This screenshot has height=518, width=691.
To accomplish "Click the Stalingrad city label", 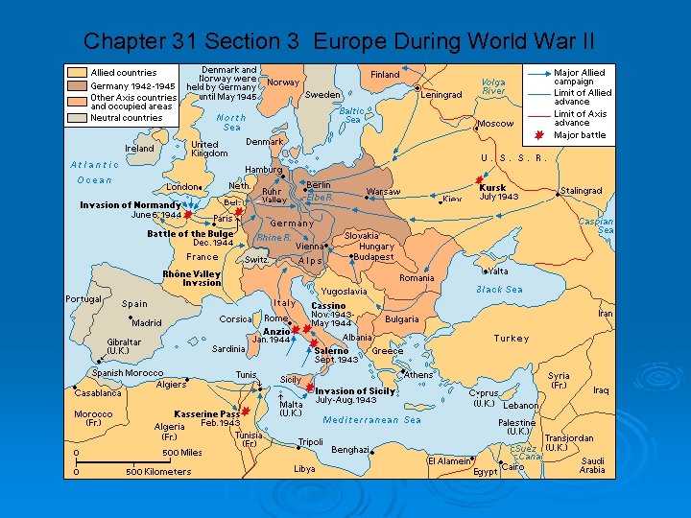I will (581, 191).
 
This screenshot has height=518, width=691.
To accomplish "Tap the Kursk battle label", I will (492, 187).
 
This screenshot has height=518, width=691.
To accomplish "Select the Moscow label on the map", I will (496, 124).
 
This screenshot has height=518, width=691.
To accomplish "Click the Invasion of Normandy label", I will (130, 204).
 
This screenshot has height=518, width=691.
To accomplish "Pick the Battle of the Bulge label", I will (190, 234).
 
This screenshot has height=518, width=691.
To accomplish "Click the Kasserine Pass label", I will (206, 414).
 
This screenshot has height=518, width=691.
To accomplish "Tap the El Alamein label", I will (449, 461).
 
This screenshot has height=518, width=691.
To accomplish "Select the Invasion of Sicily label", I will (354, 390).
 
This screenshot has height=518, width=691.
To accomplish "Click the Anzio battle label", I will (276, 332).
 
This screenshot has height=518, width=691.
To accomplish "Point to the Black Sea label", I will (499, 289).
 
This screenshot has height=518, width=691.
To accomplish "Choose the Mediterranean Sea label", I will (372, 420).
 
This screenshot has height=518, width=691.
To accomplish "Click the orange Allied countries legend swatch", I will (77, 72).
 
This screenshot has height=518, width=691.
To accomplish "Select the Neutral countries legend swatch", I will (77, 118).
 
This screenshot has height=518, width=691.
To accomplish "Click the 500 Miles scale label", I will (182, 453).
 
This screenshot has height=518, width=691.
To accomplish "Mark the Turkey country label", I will (511, 339).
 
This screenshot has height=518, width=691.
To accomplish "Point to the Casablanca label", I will (98, 393).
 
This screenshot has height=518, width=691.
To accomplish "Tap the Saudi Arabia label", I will (592, 465).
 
